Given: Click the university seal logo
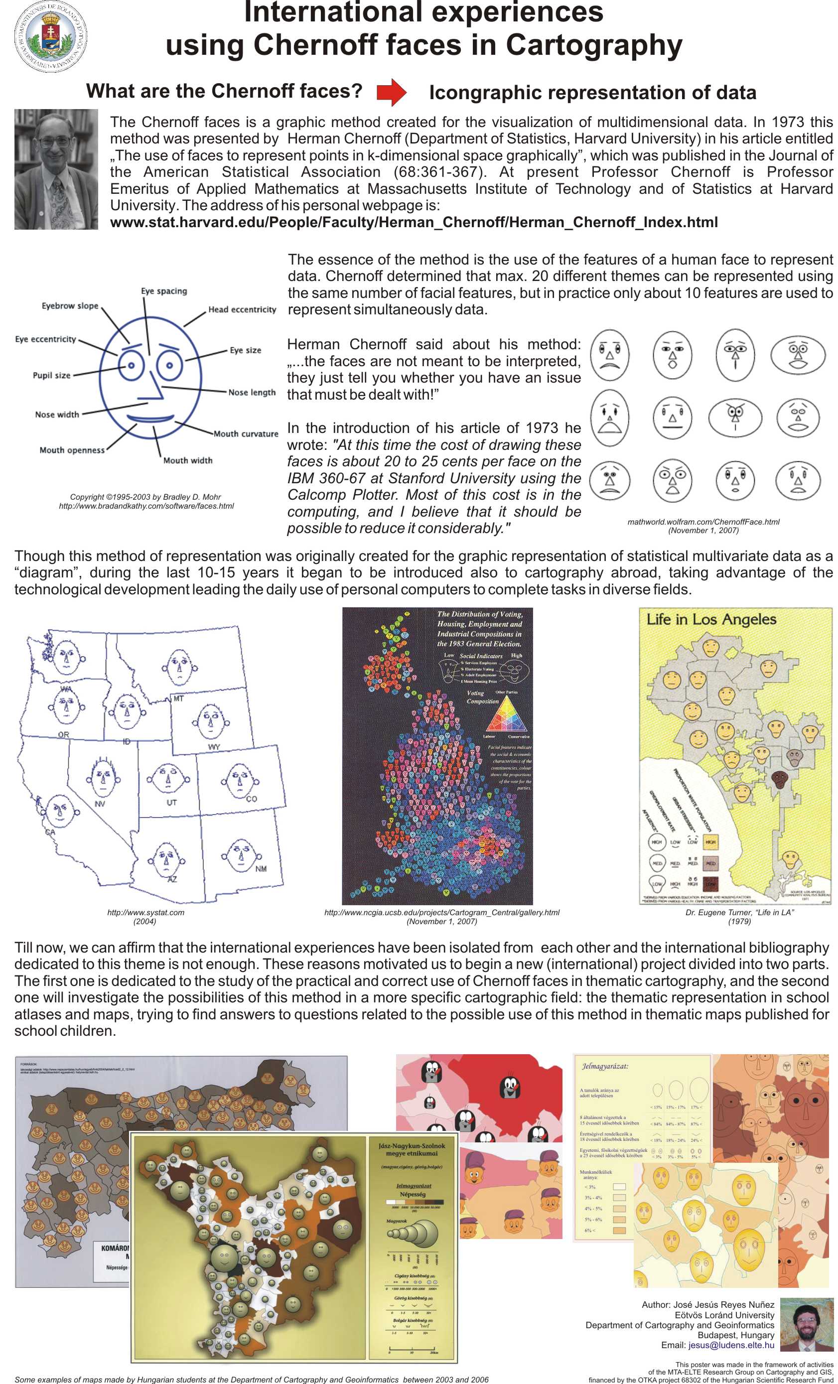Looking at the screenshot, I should coord(50,37).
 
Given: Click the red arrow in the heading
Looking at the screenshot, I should coord(392,92).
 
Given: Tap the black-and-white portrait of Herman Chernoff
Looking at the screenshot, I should coord(56,169).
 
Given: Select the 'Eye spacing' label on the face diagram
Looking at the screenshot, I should coord(164,291).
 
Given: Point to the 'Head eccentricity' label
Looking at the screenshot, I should coord(242,309).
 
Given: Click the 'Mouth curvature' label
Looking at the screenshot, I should coord(246,433).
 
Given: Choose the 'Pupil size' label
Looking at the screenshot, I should coord(52,375).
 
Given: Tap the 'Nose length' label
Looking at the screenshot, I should coord(252,392).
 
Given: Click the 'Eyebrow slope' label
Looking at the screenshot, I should coord(70,305).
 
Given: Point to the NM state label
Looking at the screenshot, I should coord(261,869).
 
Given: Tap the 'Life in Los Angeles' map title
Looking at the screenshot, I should coord(711,620).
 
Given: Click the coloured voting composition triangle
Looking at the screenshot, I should coord(507,714).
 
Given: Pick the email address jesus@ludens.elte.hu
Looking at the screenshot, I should coord(731,1345).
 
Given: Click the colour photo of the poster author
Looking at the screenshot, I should coord(807,1324).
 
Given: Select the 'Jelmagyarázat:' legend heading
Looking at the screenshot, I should coord(604,1066).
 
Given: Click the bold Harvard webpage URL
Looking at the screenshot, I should coord(414,222).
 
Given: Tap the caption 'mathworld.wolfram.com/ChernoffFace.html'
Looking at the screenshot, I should coord(703,522).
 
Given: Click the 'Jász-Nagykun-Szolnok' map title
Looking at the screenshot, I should coord(411,1146).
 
